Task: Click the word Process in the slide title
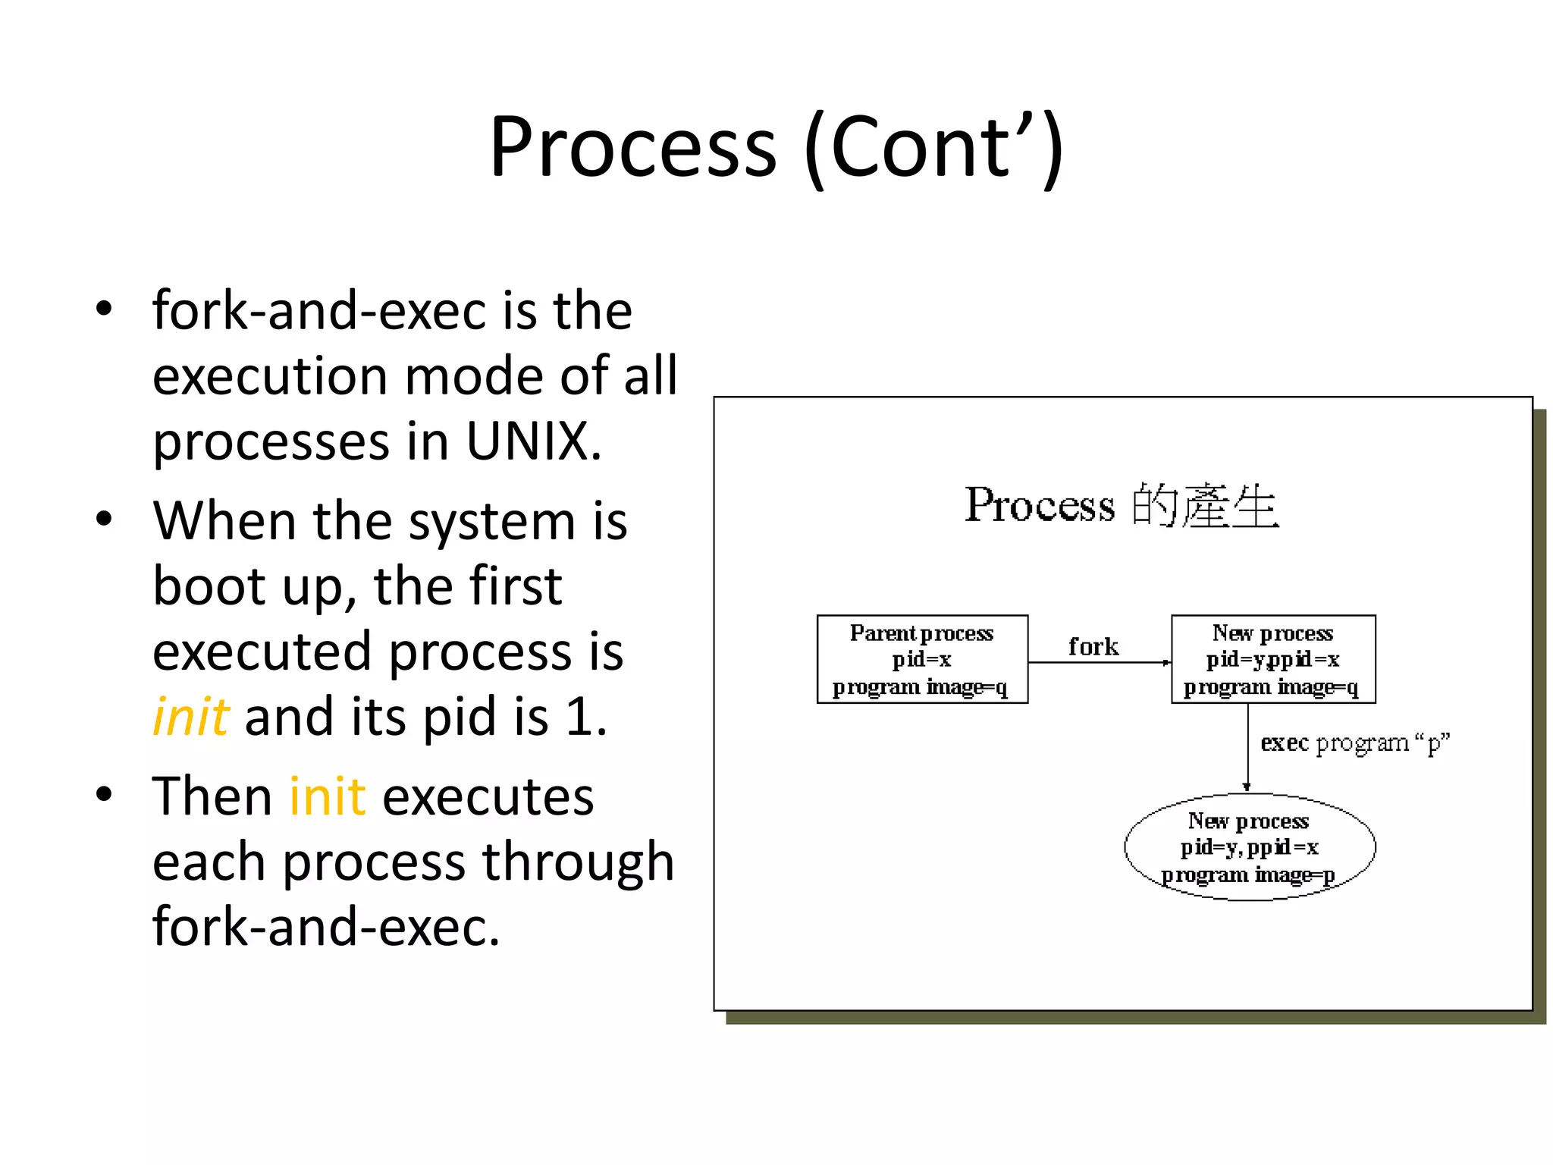632,147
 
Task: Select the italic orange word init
190,716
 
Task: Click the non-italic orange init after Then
328,796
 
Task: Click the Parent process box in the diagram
922,659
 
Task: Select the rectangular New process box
1272,659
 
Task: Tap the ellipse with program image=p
1249,847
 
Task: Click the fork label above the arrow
1093,646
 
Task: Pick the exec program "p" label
1354,743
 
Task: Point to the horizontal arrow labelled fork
1100,663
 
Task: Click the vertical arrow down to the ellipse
1247,748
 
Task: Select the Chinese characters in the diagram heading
1206,505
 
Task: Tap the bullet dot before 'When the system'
104,520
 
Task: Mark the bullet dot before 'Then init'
104,795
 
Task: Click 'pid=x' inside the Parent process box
921,659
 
